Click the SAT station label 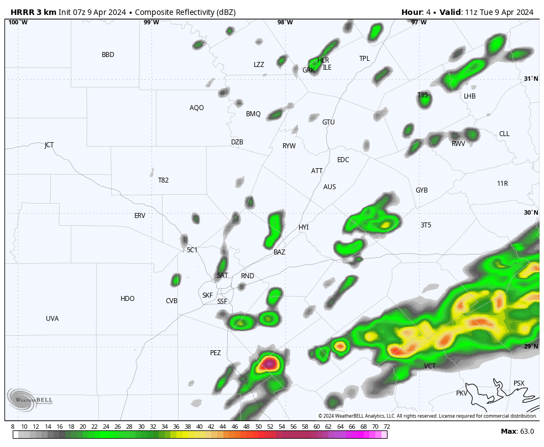click(222, 276)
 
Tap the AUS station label click(329, 187)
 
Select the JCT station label click(49, 145)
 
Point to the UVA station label click(53, 319)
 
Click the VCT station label click(430, 366)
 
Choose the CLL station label click(504, 134)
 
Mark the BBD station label click(108, 55)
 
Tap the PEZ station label click(215, 353)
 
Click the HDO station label click(128, 299)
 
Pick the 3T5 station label click(426, 225)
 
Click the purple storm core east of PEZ click(269, 363)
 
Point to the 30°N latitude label click(531, 213)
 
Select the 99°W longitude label click(151, 23)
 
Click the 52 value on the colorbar click(270, 427)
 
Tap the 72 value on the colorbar click(387, 427)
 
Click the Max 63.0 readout click(517, 432)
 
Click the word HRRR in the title click(23, 12)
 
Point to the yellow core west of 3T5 click(385, 225)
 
